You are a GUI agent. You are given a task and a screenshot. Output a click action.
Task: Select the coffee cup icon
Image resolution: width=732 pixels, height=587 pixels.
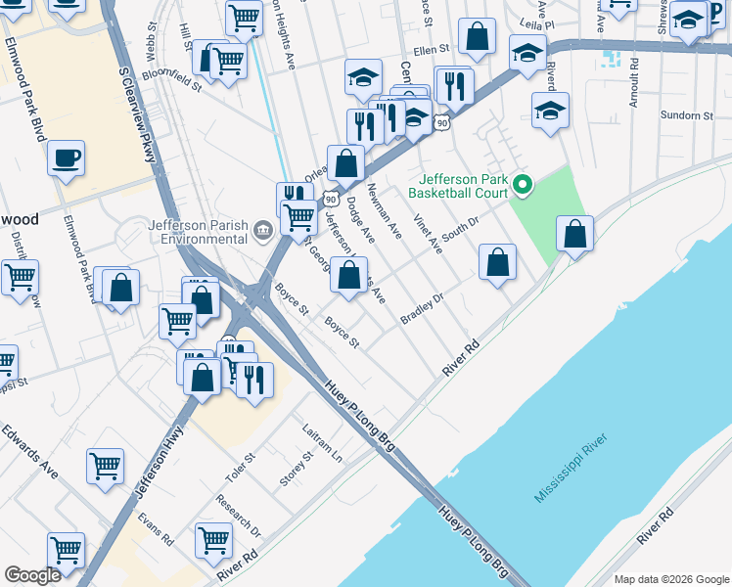click(x=66, y=158)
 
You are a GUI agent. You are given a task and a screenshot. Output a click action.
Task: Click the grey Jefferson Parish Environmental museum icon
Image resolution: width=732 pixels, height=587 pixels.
click(x=262, y=231)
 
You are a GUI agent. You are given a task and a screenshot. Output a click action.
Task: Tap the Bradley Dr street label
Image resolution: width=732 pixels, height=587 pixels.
click(x=423, y=309)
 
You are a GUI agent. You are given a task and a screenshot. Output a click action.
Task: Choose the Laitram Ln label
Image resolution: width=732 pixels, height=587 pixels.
click(x=323, y=444)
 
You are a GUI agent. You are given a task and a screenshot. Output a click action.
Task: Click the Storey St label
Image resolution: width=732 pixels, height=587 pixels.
click(x=295, y=468)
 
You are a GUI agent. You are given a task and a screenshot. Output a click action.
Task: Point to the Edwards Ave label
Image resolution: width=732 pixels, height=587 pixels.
click(x=29, y=450)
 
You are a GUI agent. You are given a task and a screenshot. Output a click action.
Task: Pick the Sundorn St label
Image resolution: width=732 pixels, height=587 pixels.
click(x=687, y=115)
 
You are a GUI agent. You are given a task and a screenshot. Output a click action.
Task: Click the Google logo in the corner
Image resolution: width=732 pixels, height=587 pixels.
click(x=32, y=575)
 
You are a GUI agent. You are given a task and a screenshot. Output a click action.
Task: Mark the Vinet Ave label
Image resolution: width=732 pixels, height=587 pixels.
click(x=428, y=234)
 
